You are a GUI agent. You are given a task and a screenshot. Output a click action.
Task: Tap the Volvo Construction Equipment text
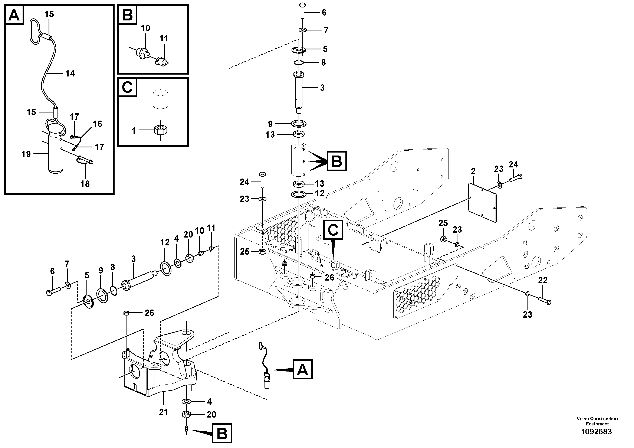point(597,421)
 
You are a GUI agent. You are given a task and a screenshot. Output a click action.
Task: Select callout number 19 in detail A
point(26,154)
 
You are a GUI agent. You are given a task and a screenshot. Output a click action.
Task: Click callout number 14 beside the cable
point(70,73)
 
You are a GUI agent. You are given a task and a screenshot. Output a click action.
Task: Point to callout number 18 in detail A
point(85,184)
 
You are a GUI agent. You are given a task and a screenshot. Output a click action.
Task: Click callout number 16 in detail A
point(98,124)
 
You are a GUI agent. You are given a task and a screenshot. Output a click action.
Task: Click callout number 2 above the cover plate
point(473,171)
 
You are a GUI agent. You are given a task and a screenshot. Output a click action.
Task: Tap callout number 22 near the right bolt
point(543,280)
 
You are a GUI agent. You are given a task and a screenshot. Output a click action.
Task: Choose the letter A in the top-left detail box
point(14,15)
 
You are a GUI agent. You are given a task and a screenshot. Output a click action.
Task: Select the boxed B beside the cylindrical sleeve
point(337,161)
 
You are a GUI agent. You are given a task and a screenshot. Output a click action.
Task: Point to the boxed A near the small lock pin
point(303,369)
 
